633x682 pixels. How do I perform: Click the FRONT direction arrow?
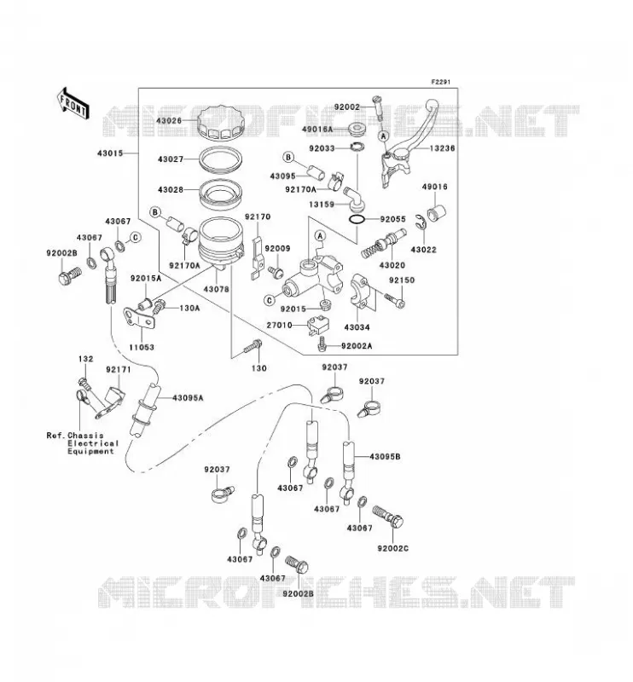pos(73,103)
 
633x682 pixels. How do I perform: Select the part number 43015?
pos(110,153)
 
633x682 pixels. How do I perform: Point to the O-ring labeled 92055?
pos(357,220)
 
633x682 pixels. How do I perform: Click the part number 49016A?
pos(317,130)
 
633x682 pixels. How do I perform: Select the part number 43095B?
pos(385,457)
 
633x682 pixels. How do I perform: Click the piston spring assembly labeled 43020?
pos(384,244)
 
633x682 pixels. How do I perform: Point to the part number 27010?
pos(280,325)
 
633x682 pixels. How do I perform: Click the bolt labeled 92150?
pos(395,300)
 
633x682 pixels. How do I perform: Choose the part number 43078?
pos(217,289)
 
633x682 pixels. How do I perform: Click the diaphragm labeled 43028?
pos(220,194)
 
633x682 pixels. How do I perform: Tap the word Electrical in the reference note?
pos(93,443)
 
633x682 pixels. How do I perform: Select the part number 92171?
pos(118,369)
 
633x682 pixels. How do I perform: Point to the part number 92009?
pos(277,248)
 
